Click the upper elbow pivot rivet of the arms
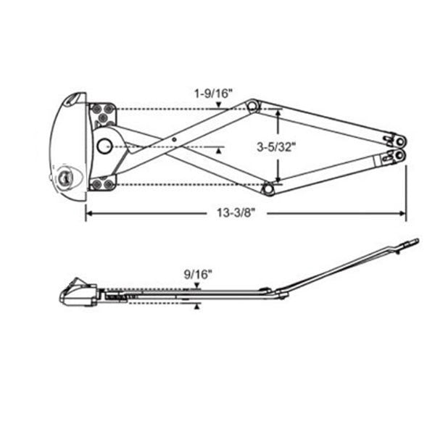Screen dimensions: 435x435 pos(252,106)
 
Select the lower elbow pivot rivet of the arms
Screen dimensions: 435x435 pos(268,188)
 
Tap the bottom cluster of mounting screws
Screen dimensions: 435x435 pos(101,182)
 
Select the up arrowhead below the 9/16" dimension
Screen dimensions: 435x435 pos(197,307)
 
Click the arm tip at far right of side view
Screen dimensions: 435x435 pos(415,243)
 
